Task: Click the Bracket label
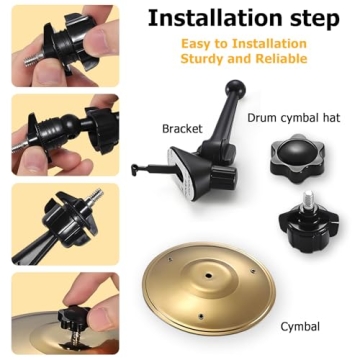tap(183, 129)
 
